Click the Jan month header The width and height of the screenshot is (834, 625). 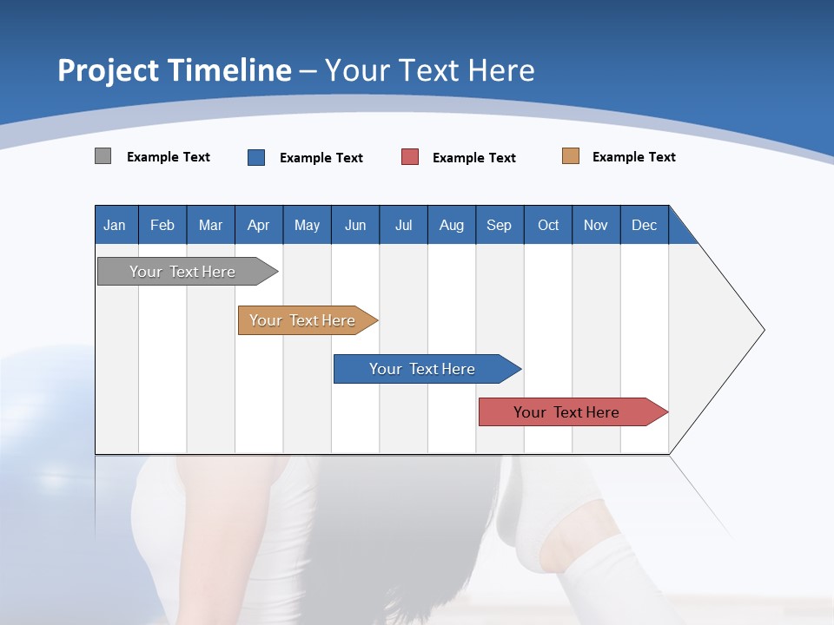[116, 226]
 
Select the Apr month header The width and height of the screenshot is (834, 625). [259, 226]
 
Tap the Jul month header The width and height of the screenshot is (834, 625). [404, 226]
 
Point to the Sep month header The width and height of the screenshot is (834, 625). [500, 226]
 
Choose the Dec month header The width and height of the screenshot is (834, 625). [645, 226]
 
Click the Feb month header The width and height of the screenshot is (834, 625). [162, 226]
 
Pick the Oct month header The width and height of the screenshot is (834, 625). [548, 226]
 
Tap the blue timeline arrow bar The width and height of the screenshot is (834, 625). [423, 369]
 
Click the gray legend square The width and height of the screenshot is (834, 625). [103, 156]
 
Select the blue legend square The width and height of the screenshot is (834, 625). [256, 157]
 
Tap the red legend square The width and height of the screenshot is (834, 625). [410, 157]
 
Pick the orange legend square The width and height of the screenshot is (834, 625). [571, 156]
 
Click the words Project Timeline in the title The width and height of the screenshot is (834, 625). [175, 70]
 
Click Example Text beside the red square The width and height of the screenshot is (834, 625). [474, 158]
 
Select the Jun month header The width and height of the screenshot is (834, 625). [355, 226]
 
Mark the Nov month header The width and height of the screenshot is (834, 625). [596, 226]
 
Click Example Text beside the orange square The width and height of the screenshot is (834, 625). [634, 157]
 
